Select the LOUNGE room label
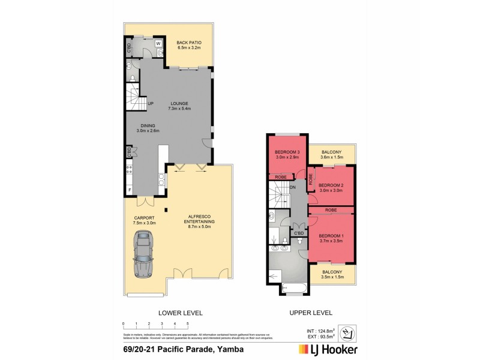tap(179, 106)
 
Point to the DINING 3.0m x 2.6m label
tap(147, 128)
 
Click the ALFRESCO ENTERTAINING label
tap(202, 221)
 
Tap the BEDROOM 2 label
tap(330, 187)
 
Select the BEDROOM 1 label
tap(331, 238)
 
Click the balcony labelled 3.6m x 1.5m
tap(331, 155)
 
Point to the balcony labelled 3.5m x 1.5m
tap(331, 275)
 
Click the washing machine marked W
tap(158, 44)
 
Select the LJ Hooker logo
tap(328, 349)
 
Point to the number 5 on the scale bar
tap(188, 323)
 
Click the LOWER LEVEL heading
tap(180, 313)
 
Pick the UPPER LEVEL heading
tap(311, 313)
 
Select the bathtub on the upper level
tap(293, 290)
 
